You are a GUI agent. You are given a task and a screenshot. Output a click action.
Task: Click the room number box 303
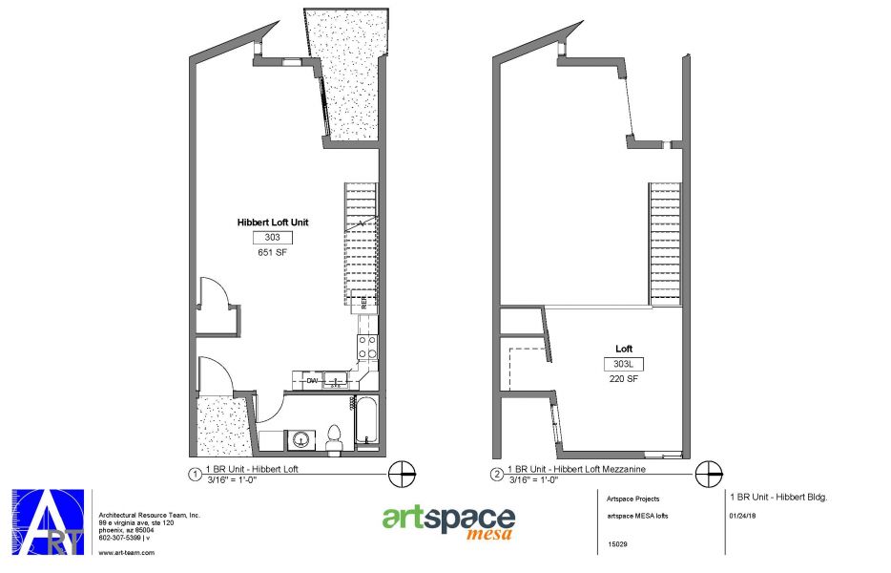coord(272,238)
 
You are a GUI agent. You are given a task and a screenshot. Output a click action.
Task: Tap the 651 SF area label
coord(272,253)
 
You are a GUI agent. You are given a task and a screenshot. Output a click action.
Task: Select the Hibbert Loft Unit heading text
coord(274,222)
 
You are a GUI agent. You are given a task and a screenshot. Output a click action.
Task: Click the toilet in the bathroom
coord(334,437)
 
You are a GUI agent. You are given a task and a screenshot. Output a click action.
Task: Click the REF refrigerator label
coord(365,303)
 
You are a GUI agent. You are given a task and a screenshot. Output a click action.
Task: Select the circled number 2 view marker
coord(496,474)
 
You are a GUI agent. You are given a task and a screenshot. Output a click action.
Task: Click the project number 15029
coord(617,545)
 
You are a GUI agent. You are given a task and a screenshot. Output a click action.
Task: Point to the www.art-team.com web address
coord(127,552)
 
